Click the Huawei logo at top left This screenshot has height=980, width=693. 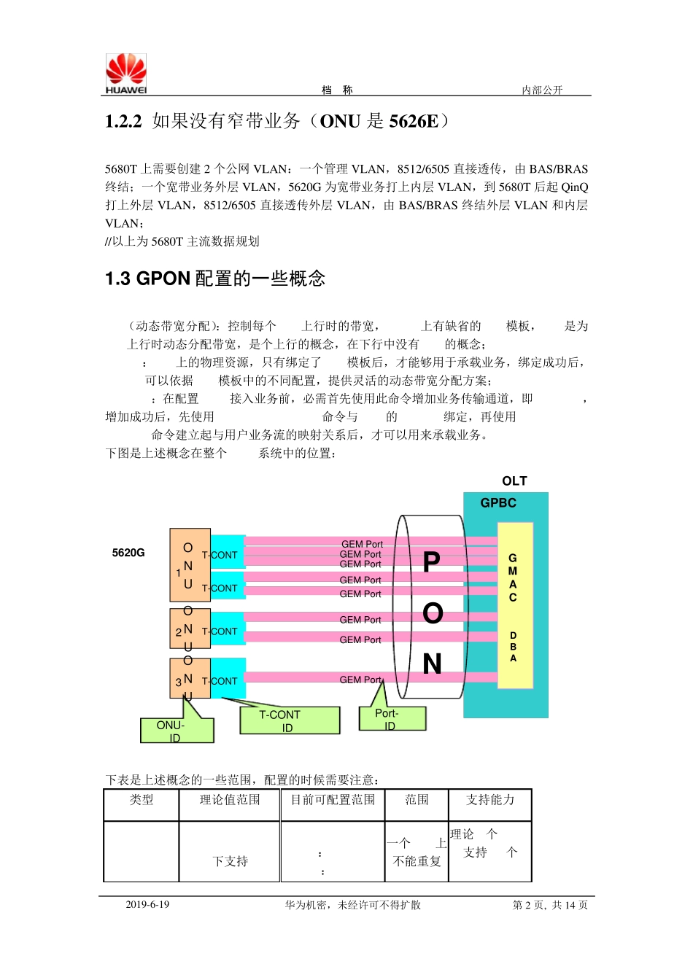tap(126, 74)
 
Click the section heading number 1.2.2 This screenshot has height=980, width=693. tap(123, 121)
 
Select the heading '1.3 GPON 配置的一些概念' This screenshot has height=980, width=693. tap(215, 279)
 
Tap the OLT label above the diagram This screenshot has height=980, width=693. tap(514, 481)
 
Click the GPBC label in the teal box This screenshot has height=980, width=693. tap(498, 503)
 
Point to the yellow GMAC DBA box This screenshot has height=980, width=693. tap(514, 605)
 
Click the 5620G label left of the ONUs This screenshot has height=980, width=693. tap(128, 553)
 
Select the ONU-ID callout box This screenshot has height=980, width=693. tap(177, 731)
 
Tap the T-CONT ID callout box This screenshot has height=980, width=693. tap(289, 720)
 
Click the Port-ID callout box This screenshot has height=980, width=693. tap(392, 718)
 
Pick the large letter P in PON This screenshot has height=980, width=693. tap(432, 562)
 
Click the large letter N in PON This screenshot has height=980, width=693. tap(432, 664)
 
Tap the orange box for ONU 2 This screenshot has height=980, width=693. tap(190, 629)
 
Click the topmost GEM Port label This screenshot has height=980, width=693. tap(362, 544)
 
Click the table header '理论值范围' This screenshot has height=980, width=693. tap(230, 800)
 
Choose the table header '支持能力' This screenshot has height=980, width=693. tap(489, 800)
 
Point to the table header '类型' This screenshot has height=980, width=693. tap(142, 800)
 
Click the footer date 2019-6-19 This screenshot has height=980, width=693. tap(147, 905)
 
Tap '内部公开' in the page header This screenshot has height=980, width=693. tap(542, 90)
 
